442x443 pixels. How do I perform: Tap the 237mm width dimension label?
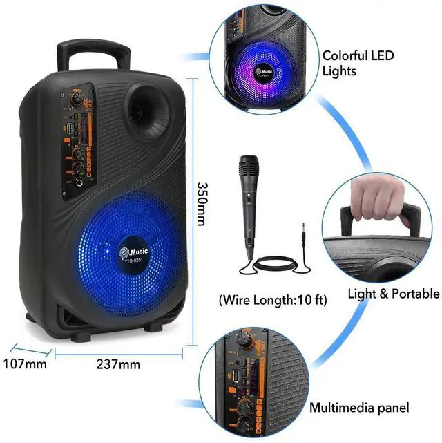(119, 364)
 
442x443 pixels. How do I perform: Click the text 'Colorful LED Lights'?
(354, 62)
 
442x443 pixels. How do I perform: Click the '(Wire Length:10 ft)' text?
(262, 301)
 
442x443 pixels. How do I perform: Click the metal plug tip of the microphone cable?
(302, 232)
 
